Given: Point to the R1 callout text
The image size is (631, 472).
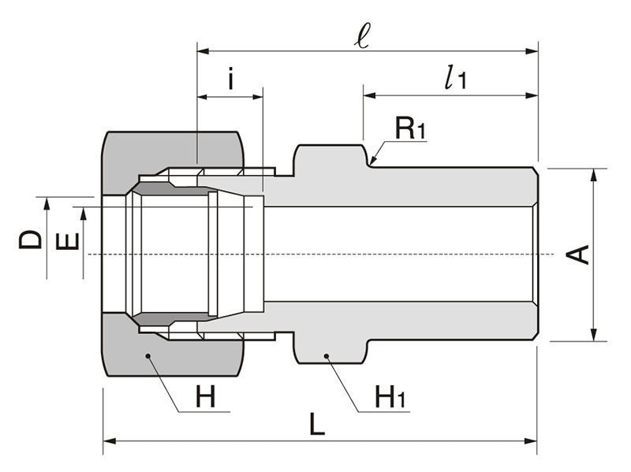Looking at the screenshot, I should tap(410, 128).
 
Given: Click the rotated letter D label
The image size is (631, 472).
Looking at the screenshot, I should tap(31, 238).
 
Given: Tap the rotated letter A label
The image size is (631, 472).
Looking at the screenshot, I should tap(580, 254).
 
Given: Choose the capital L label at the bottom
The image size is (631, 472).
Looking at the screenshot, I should tap(316, 426).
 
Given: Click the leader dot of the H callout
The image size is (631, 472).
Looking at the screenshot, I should tap(147, 357).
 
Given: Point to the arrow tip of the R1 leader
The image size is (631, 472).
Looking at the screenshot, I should tap(372, 163).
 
